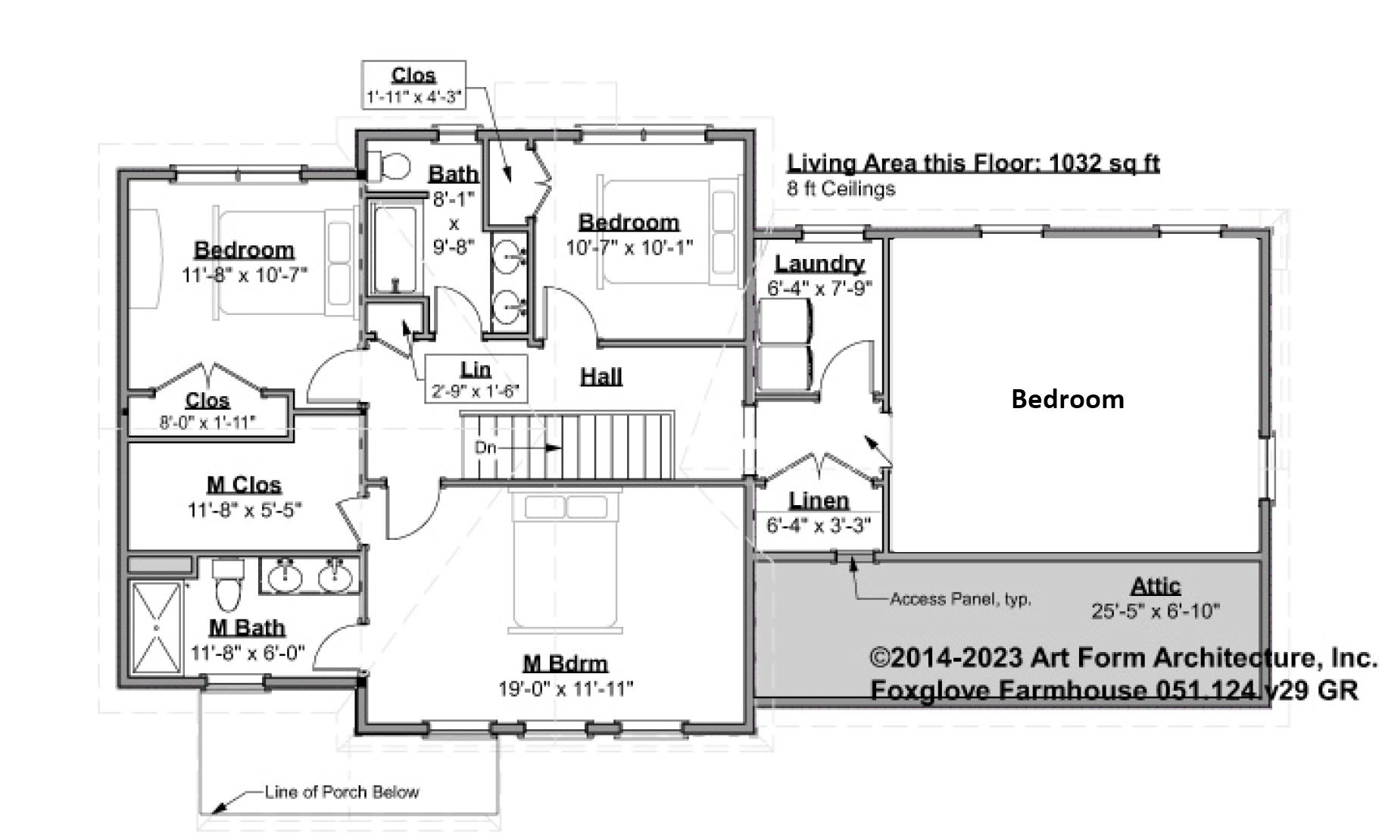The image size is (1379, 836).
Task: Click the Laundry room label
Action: pos(819,264)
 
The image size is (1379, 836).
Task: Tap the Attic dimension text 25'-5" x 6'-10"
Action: pos(1155,610)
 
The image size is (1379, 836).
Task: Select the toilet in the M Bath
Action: pos(227,585)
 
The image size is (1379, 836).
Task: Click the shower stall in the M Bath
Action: pos(156,627)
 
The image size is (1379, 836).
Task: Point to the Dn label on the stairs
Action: pos(485,448)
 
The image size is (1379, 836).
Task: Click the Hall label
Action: pos(601,376)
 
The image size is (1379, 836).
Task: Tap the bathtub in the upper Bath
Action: pos(393,247)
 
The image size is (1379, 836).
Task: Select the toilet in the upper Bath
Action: pos(391,166)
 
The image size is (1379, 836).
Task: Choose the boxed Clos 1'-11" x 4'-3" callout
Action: pos(413,86)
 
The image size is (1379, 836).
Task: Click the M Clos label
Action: pos(244,485)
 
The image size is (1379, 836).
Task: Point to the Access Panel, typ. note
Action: pos(960,599)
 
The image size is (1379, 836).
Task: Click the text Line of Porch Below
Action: pos(342,792)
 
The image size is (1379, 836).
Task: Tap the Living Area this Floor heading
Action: pos(973,163)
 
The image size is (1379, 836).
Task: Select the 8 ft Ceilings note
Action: pos(841,189)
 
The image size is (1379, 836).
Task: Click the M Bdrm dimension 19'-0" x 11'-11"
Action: pos(566,688)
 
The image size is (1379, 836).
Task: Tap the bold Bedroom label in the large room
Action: pos(1067,399)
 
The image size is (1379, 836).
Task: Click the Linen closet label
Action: pos(819,501)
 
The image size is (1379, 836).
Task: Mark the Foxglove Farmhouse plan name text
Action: pos(1113,690)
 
